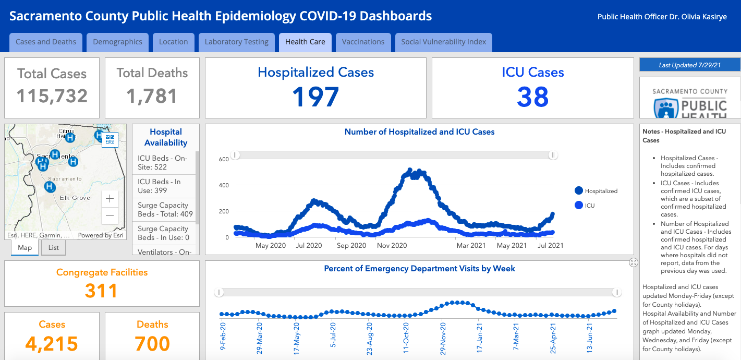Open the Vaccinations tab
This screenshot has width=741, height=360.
coord(363,42)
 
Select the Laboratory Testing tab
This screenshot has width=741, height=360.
coord(236,42)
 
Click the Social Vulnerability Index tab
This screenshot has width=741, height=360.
coord(443,42)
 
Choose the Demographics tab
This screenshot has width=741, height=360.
coord(117,42)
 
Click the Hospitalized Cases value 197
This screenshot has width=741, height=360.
coord(315,97)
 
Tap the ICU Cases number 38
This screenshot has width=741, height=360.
coord(533,97)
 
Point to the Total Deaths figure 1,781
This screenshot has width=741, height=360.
coord(152,96)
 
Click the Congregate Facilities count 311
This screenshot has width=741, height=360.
coord(102,291)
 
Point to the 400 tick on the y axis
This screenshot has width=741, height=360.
coord(224,185)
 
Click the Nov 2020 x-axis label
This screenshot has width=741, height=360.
coord(392,245)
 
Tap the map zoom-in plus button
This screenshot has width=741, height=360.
coord(110,199)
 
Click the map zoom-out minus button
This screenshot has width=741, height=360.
coord(110,215)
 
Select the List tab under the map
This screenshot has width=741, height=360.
coord(53,248)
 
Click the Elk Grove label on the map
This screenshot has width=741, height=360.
coord(75,198)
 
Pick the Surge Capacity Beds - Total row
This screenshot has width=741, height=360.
coord(165,210)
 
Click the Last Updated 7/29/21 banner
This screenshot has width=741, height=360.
coord(690,65)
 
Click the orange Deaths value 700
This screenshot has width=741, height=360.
coord(152,344)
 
